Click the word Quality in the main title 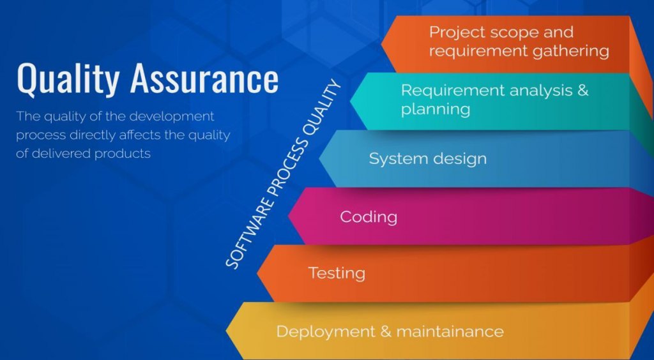click(68, 79)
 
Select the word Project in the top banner click(455, 33)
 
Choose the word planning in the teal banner click(436, 110)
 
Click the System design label click(427, 159)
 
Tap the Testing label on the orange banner click(337, 274)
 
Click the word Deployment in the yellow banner click(326, 332)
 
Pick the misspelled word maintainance click(450, 332)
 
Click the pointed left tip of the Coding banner click(289, 216)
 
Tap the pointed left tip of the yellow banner click(227, 331)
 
